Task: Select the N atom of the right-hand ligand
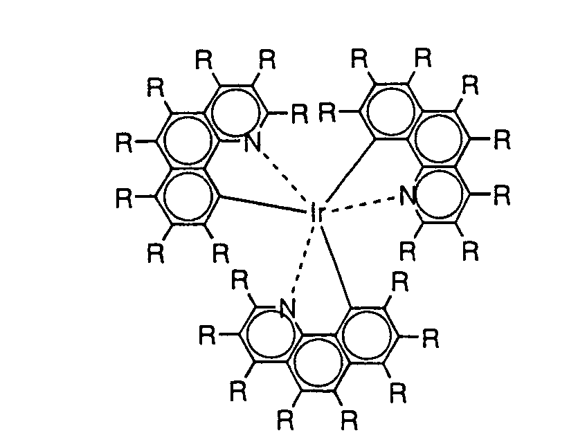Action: (408, 196)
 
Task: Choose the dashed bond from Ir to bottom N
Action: (302, 263)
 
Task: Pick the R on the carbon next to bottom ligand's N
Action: (240, 282)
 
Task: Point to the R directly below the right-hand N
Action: (408, 250)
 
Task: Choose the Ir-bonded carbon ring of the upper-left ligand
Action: (186, 197)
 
